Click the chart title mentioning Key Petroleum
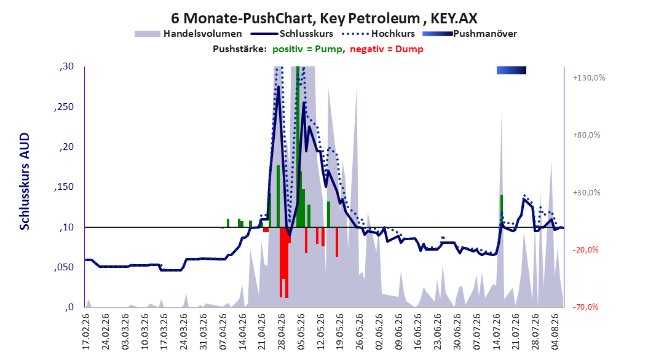point(324,18)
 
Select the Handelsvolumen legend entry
point(189,34)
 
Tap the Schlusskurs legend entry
point(292,34)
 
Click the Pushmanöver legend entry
point(470,34)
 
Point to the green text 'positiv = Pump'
point(307,49)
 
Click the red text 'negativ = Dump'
point(387,49)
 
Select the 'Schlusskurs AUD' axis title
point(25,181)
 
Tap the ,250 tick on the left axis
point(64,107)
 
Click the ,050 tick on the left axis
point(64,267)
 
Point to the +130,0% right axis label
point(589,77)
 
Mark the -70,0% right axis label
point(585,307)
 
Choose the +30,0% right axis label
point(587,192)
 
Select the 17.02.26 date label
point(86,332)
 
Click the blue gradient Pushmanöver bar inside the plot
point(512,70)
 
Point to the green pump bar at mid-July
point(501,211)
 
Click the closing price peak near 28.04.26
point(279,86)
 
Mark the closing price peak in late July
point(524,199)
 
